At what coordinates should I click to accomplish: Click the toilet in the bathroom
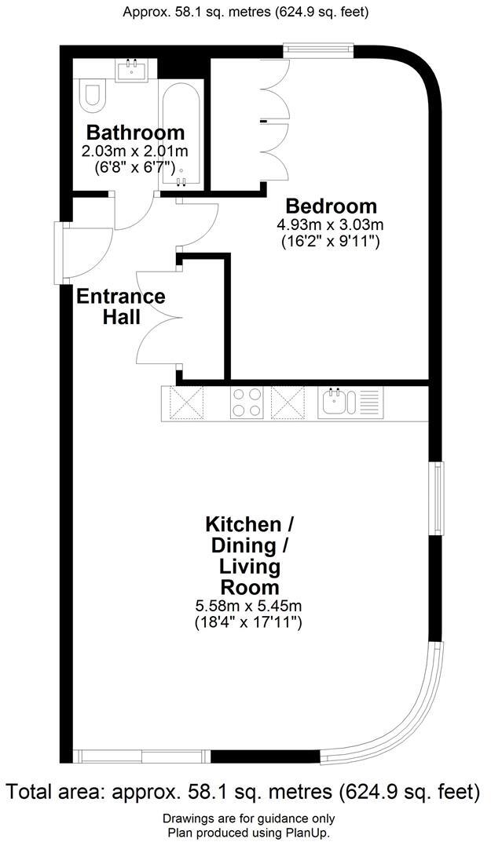click(x=90, y=95)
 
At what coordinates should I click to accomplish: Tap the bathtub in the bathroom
click(x=181, y=133)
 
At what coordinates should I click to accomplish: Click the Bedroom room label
click(x=331, y=206)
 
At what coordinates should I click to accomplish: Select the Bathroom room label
click(x=135, y=132)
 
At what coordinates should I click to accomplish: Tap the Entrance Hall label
click(x=120, y=307)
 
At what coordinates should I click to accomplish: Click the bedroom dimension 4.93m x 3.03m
click(x=330, y=225)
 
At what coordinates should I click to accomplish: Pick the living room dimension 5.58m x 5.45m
click(x=248, y=607)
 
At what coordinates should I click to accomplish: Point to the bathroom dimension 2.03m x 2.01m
click(x=135, y=151)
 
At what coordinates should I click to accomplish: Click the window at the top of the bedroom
click(x=319, y=51)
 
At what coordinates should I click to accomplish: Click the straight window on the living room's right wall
click(x=436, y=498)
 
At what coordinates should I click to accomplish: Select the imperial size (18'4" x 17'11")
click(x=248, y=623)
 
